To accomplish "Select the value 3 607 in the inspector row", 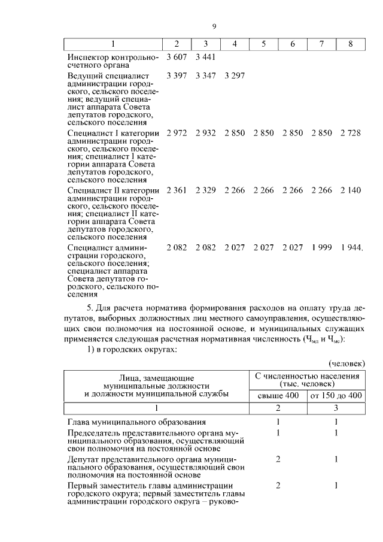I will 177,57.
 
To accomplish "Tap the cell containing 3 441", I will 205,57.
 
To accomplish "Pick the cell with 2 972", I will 177,133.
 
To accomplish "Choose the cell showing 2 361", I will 177,190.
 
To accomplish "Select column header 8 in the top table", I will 351,44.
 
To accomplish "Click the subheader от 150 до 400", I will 336,395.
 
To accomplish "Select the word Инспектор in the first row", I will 87,57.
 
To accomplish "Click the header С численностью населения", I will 307,377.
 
